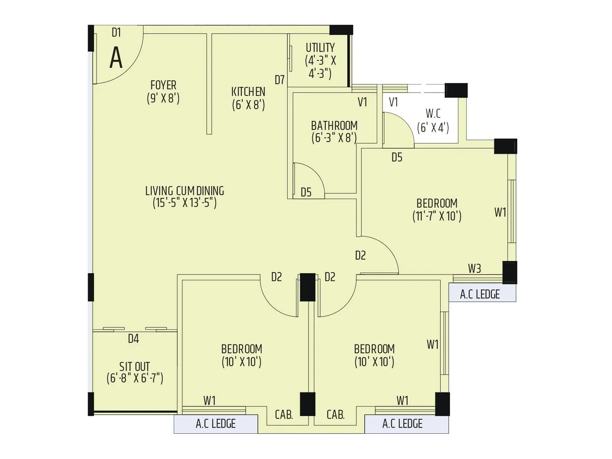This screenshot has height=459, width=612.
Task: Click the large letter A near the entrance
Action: pos(116,58)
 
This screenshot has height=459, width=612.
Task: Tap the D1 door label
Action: pos(116,33)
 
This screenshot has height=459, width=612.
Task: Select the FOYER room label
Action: pos(163,85)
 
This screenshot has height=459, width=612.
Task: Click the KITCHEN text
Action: pos(248,92)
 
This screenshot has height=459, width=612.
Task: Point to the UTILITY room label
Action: pos(320,48)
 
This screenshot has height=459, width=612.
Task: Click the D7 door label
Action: pos(280,80)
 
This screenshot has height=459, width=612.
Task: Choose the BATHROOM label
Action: pos(334,125)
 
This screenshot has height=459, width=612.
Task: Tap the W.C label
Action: pos(433,114)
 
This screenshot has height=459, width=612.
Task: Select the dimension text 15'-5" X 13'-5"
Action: pos(185,203)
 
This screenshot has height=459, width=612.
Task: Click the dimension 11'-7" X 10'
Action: pos(437,216)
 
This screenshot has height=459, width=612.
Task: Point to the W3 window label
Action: pos(474,269)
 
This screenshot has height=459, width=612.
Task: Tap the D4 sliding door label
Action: pos(133,339)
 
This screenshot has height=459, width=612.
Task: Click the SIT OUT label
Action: pos(134,366)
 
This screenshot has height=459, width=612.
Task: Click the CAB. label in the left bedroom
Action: pos(284,415)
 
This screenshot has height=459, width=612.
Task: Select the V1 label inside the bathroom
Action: pos(362,102)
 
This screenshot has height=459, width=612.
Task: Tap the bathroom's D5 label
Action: pos(306,192)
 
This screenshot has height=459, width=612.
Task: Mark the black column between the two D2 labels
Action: pos(308,287)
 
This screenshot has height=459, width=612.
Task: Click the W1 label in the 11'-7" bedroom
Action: pos(500,212)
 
